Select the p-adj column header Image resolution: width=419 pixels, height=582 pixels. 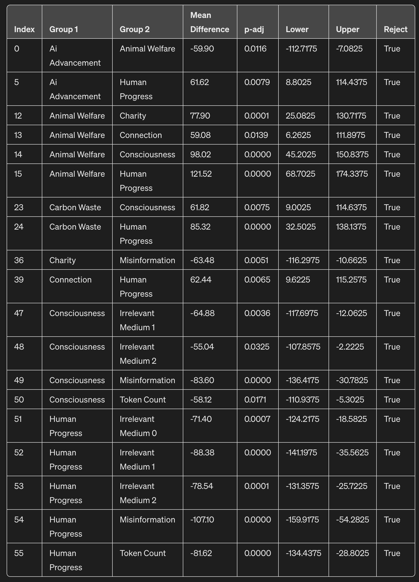(254, 30)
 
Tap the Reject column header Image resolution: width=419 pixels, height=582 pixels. (395, 30)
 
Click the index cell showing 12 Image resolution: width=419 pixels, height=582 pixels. (18, 116)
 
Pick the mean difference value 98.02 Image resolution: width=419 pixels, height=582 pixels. (200, 154)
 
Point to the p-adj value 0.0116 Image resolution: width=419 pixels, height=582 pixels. (255, 49)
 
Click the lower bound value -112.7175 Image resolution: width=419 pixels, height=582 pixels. (301, 49)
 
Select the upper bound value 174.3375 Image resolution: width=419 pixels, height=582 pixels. (352, 174)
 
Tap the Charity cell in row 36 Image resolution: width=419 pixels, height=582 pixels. (62, 261)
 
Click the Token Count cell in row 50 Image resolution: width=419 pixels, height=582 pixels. (143, 400)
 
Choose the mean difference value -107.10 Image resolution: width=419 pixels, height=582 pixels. (202, 520)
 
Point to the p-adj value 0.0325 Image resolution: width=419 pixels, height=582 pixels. (257, 347)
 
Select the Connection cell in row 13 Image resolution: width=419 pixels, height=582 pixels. (141, 135)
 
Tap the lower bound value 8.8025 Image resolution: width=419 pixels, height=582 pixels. (298, 82)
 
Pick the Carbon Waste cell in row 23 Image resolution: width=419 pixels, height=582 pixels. (75, 208)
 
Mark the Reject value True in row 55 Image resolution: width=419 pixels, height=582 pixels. (392, 553)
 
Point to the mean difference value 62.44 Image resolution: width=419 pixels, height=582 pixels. (201, 280)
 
